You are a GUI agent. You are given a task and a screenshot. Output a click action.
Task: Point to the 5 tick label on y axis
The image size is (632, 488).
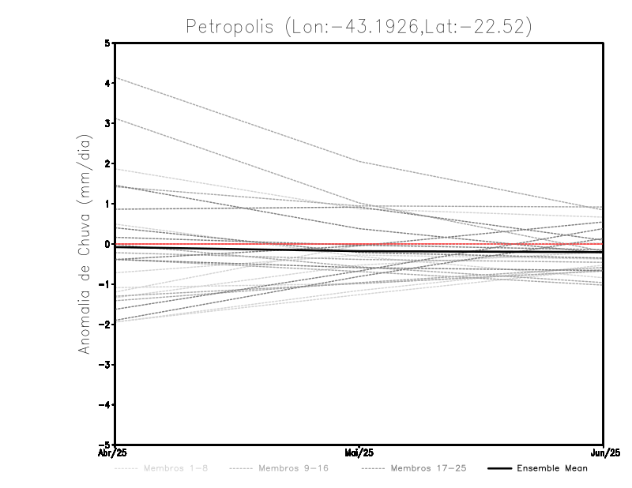(107, 43)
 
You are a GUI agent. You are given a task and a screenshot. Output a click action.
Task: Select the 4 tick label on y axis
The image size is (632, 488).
(107, 83)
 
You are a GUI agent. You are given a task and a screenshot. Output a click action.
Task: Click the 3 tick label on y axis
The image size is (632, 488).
(107, 123)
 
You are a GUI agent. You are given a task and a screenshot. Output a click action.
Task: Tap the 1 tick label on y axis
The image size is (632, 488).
(107, 204)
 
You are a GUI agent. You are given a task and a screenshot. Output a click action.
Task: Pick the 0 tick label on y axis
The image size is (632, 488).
(107, 244)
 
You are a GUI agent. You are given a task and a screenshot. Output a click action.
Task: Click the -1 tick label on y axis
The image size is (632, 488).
(105, 284)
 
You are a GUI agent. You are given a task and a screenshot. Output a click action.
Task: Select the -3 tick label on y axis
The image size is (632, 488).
(105, 365)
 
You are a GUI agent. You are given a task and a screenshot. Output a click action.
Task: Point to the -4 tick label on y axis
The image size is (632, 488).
(105, 405)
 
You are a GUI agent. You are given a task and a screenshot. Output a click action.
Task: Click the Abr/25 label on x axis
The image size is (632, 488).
(115, 452)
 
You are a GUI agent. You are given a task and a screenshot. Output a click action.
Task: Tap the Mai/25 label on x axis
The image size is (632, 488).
(359, 452)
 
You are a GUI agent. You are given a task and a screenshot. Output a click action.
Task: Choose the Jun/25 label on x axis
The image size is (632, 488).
(604, 452)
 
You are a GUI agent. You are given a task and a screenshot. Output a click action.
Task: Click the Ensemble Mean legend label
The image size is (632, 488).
(552, 468)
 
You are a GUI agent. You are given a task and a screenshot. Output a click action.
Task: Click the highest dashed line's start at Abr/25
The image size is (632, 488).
(116, 79)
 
